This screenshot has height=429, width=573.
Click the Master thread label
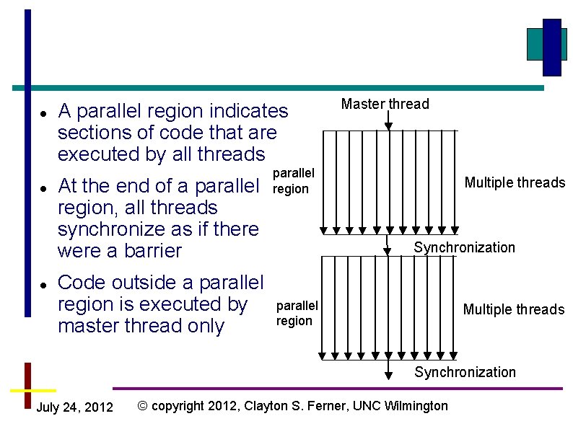coord(385,104)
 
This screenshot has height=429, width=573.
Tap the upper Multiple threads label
coord(515,182)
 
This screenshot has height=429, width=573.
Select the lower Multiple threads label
coord(513,309)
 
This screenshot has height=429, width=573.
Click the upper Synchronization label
coord(464,247)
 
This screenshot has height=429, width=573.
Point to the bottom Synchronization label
coord(464,372)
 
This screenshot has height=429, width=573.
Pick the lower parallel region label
coord(297,313)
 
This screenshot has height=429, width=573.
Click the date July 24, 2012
coord(74,408)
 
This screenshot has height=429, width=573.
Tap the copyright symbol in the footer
coord(142,406)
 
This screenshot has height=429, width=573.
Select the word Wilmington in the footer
coord(416,406)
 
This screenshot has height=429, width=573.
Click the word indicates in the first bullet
coord(248,111)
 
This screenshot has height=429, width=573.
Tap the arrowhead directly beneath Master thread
coord(388,125)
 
